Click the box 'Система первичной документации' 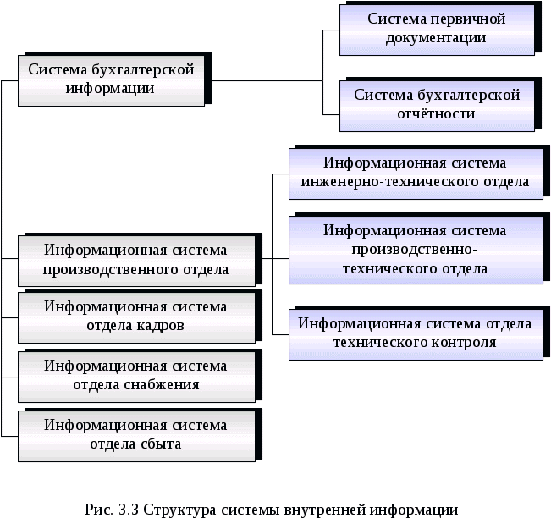(437, 29)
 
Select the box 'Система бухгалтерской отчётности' (437, 105)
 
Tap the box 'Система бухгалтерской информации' (111, 79)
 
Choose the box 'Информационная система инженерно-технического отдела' (415, 173)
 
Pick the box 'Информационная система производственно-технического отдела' (415, 249)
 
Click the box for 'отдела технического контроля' (415, 333)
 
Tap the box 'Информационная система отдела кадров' (135, 316)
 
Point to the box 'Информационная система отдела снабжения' (135, 375)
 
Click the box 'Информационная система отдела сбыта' (135, 433)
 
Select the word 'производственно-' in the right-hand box (415, 250)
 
